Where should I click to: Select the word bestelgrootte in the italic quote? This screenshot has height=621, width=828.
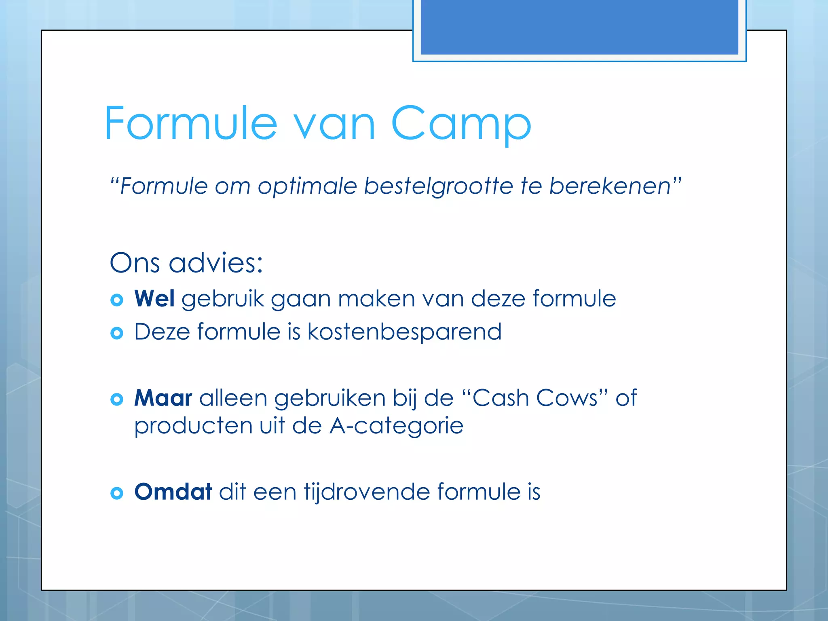pos(438,187)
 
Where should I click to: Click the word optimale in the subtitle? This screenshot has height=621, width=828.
pos(307,187)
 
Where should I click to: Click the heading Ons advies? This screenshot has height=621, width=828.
pos(186,263)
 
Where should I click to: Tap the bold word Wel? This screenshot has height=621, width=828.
pos(154,299)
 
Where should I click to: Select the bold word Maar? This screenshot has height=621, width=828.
pos(163,398)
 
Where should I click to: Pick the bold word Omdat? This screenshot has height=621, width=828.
pos(173,492)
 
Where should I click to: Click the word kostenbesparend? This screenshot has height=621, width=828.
pos(404,332)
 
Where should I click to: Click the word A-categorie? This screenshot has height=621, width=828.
pos(396,426)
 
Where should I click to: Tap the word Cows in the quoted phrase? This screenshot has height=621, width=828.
pos(566,398)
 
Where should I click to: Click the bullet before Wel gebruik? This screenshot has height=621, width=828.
pos(116,300)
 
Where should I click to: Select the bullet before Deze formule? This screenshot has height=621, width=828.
pos(116,333)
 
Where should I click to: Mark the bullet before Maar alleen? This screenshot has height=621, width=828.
pos(116,399)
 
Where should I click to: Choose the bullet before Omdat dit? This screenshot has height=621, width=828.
pos(116,493)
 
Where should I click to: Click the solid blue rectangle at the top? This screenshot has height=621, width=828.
pos(579,27)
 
